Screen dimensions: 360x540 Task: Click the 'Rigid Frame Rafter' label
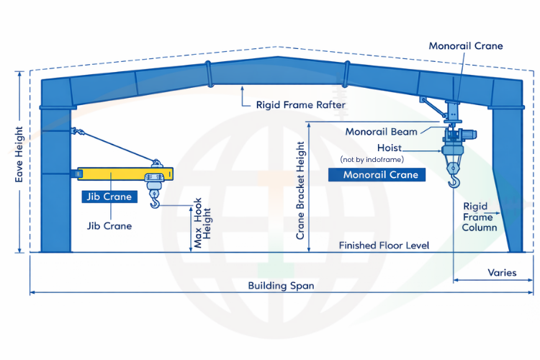[x=301, y=104]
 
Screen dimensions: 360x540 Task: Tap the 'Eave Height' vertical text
[x=19, y=165]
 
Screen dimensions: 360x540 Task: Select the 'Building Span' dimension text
[x=281, y=285]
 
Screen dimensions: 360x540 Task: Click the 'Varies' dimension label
[x=502, y=273]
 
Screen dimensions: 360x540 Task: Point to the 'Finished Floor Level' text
[x=384, y=246]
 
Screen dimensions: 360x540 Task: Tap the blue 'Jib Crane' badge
[x=109, y=197]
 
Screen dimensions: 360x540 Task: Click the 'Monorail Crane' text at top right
[x=466, y=46]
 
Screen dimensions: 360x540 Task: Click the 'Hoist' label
[x=390, y=148]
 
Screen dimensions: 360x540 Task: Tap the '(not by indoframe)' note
[x=372, y=158]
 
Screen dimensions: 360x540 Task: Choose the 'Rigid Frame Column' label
[x=480, y=217]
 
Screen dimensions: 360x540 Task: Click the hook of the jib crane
[x=155, y=203]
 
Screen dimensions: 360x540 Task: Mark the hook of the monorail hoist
[x=453, y=179]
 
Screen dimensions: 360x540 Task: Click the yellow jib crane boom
[x=115, y=173]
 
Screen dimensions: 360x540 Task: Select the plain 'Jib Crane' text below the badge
[x=109, y=225]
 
